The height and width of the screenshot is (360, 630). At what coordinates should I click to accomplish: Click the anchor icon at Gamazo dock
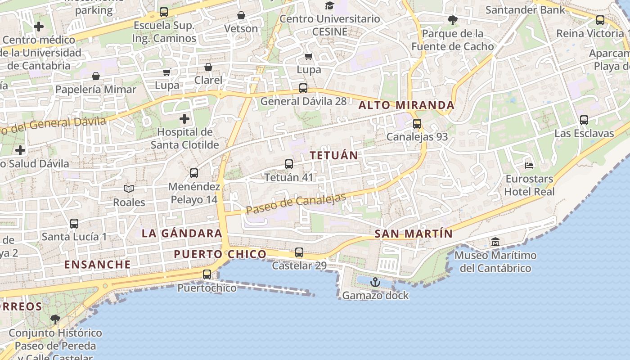point(375,282)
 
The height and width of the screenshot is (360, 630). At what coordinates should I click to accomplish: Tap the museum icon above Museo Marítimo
point(495,242)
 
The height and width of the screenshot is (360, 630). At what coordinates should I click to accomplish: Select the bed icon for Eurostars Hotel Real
point(529,166)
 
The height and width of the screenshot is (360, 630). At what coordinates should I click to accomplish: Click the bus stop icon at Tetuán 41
point(289,164)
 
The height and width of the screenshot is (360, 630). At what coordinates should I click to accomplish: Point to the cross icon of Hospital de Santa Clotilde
point(184,119)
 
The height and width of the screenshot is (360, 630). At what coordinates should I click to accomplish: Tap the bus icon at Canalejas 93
point(417,123)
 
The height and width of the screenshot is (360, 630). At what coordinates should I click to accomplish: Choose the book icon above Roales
point(129,189)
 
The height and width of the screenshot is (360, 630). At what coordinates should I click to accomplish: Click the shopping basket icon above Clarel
point(208,67)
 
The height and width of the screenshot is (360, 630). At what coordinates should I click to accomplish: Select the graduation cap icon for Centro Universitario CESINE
point(330,5)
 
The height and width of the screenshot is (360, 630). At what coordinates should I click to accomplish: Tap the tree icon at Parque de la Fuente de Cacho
point(453,20)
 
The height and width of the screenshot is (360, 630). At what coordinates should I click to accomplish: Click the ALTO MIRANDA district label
point(406,105)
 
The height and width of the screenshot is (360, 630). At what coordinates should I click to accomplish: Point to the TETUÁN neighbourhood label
point(334,155)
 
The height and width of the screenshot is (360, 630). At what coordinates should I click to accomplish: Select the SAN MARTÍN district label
point(414,234)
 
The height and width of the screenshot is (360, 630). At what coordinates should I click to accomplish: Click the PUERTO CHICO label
point(220,254)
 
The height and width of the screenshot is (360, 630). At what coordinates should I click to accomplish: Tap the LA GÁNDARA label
point(182,234)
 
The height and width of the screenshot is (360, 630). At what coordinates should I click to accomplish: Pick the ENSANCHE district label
point(98,264)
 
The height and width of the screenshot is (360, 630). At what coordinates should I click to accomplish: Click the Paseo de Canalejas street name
point(296,204)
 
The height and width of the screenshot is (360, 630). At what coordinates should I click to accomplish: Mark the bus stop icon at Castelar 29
point(299,252)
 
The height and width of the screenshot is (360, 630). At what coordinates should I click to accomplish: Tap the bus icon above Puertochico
point(207,274)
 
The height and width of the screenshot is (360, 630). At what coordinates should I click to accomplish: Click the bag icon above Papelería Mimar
point(95,76)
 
